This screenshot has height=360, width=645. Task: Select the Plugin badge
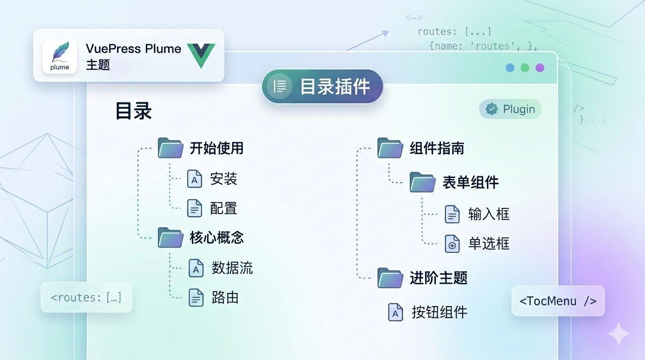pyautogui.click(x=510, y=109)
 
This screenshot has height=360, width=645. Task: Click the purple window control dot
pyautogui.click(x=540, y=67)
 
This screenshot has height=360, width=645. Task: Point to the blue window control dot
pyautogui.click(x=510, y=67)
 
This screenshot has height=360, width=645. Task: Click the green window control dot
pyautogui.click(x=525, y=67)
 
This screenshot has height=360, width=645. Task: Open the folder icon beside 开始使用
pyautogui.click(x=170, y=148)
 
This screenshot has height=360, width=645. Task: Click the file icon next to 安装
pyautogui.click(x=195, y=179)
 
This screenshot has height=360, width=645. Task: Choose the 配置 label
pyautogui.click(x=224, y=208)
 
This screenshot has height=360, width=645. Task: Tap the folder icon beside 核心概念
pyautogui.click(x=170, y=238)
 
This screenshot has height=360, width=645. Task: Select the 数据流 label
pyautogui.click(x=232, y=268)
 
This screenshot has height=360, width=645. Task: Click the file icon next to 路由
pyautogui.click(x=196, y=298)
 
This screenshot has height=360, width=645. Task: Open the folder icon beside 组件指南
pyautogui.click(x=390, y=148)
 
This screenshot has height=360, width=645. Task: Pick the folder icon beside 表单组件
pyautogui.click(x=422, y=182)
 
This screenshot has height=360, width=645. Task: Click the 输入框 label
pyautogui.click(x=489, y=214)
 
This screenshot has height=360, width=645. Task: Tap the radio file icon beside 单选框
pyautogui.click(x=452, y=244)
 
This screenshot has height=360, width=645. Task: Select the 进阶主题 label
pyautogui.click(x=439, y=278)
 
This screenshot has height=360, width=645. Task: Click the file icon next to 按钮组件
pyautogui.click(x=396, y=312)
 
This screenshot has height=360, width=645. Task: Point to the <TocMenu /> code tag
pyautogui.click(x=558, y=301)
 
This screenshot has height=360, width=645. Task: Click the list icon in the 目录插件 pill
pyautogui.click(x=280, y=87)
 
